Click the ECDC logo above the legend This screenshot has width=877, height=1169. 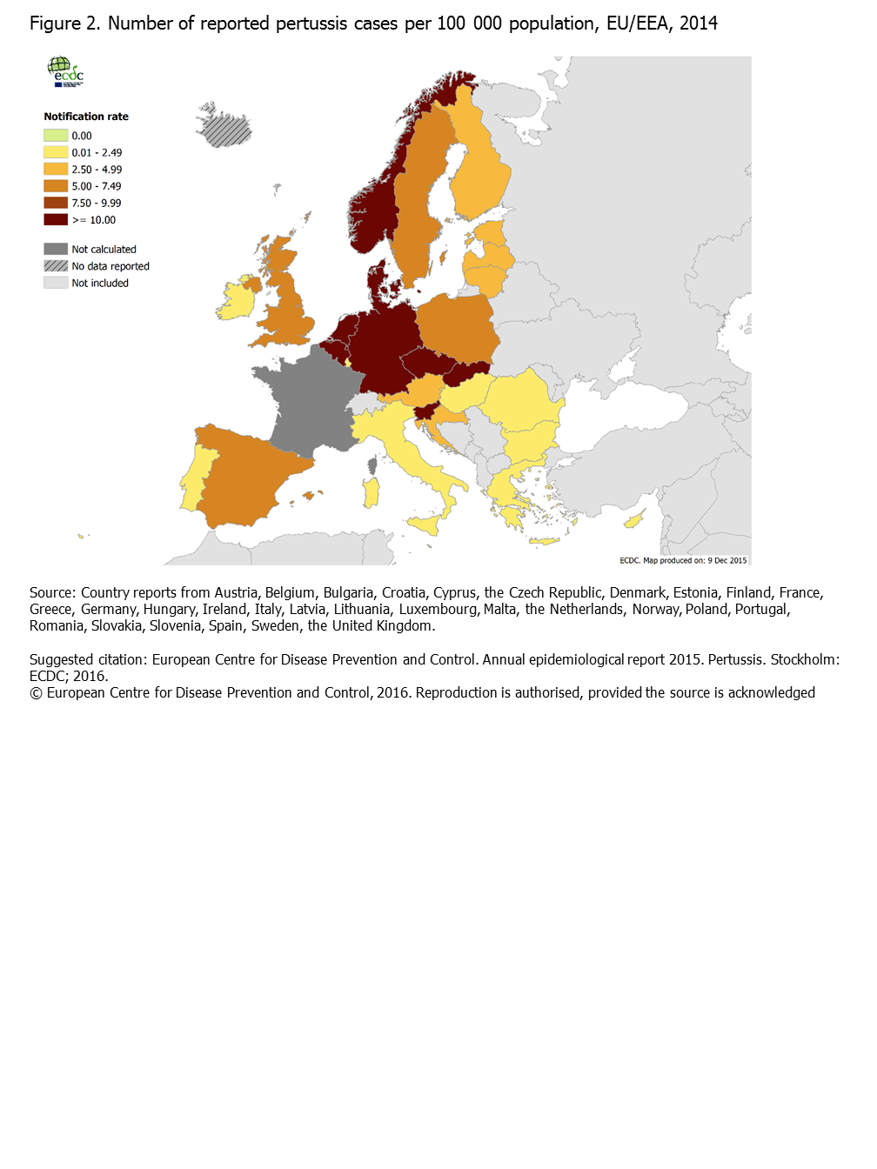tap(65, 71)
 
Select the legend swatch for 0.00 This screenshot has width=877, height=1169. tap(56, 136)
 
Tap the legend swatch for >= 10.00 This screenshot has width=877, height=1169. tap(56, 220)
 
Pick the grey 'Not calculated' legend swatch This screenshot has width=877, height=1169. tap(56, 249)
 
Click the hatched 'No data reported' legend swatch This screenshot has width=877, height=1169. tap(56, 266)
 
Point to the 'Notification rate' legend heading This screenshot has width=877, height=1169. tap(86, 117)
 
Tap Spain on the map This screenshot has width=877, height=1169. tap(248, 474)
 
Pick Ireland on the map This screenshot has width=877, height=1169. tap(236, 300)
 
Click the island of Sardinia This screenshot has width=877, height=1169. tap(372, 492)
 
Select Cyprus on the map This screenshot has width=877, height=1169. tap(633, 521)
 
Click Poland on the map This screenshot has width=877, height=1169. tap(457, 326)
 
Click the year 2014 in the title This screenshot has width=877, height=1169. tap(699, 23)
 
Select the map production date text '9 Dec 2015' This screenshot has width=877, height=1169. tap(727, 560)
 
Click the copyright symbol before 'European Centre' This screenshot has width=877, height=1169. tap(36, 693)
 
